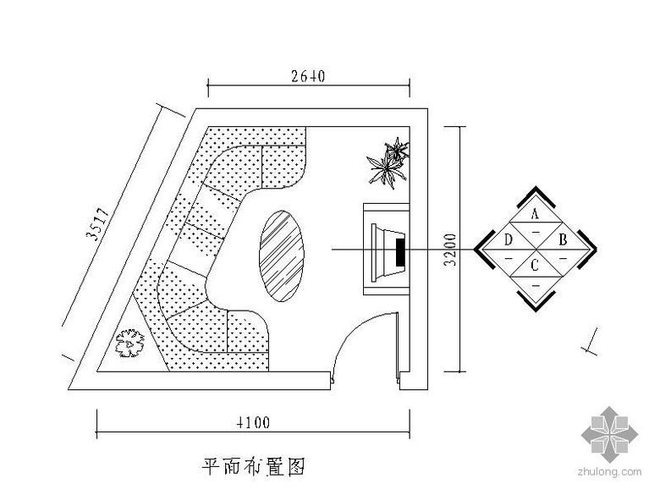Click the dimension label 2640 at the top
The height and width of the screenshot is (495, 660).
[x=305, y=76]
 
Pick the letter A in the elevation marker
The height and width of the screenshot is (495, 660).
[x=536, y=214]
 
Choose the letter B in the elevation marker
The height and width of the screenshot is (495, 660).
[x=563, y=240]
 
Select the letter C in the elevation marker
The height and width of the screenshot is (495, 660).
[x=535, y=266]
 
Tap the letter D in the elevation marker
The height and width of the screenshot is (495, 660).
[x=509, y=240]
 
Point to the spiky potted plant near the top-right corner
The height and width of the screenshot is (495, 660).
[x=389, y=162]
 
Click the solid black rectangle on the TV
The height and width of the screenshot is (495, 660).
[x=400, y=250]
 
